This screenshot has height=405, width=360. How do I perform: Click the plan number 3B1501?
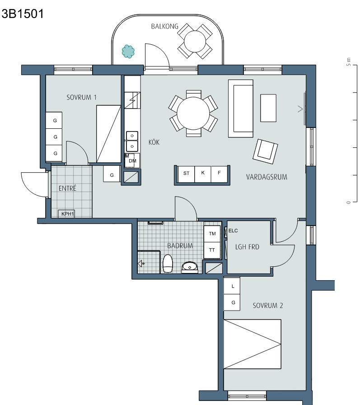[x=23, y=14]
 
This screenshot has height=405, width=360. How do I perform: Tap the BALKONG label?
[x=165, y=26]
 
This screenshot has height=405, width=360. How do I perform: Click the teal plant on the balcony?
[x=128, y=52]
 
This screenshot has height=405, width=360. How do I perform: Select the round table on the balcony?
[x=195, y=41]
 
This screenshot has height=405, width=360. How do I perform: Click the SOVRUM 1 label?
[x=82, y=97]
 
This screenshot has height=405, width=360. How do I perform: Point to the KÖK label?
[x=154, y=142]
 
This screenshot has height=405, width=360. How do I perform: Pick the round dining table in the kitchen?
[x=193, y=113]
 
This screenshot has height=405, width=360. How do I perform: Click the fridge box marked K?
[x=203, y=174]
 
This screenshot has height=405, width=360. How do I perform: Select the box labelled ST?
[x=186, y=174]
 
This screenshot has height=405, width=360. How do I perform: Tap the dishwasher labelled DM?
[x=132, y=160]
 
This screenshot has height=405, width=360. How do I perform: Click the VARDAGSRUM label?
[x=266, y=177]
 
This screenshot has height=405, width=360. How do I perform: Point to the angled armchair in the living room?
[x=265, y=151]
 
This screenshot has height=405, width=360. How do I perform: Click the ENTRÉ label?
[x=67, y=188]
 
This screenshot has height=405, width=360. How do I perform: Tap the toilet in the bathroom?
[x=168, y=263]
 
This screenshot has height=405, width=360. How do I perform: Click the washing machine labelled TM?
[x=212, y=234]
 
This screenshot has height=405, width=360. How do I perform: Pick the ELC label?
[x=233, y=231]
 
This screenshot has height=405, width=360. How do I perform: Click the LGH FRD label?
[x=247, y=247]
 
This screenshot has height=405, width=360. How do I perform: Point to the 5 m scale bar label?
[x=348, y=61]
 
